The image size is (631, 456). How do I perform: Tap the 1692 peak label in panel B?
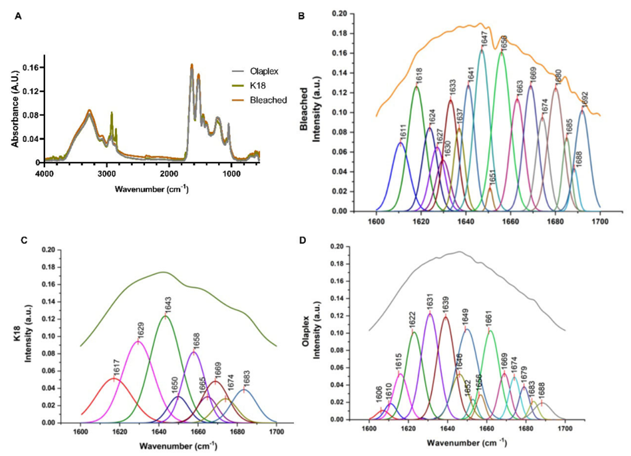click(585, 100)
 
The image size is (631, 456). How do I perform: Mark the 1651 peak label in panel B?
click(492, 178)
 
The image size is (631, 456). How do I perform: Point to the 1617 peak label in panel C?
click(116, 369)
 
